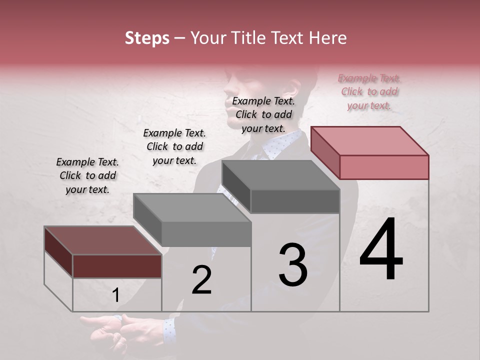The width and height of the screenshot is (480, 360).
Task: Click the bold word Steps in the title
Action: click(x=147, y=38)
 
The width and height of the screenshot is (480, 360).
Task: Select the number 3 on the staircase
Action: click(x=293, y=265)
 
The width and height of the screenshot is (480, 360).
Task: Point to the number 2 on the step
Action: click(x=201, y=280)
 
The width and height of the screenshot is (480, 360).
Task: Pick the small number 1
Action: click(x=116, y=295)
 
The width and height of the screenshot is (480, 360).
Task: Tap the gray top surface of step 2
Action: click(x=192, y=207)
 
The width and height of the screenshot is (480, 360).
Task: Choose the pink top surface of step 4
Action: click(x=370, y=141)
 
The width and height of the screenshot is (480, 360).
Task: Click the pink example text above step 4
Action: click(x=369, y=91)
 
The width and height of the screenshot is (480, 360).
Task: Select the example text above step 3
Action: click(x=263, y=114)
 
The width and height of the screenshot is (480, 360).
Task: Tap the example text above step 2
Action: click(x=174, y=146)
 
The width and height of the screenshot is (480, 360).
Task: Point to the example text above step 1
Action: click(x=87, y=175)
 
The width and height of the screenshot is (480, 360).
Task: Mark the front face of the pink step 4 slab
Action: click(x=384, y=167)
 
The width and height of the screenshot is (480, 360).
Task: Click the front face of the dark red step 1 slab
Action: click(x=117, y=266)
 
